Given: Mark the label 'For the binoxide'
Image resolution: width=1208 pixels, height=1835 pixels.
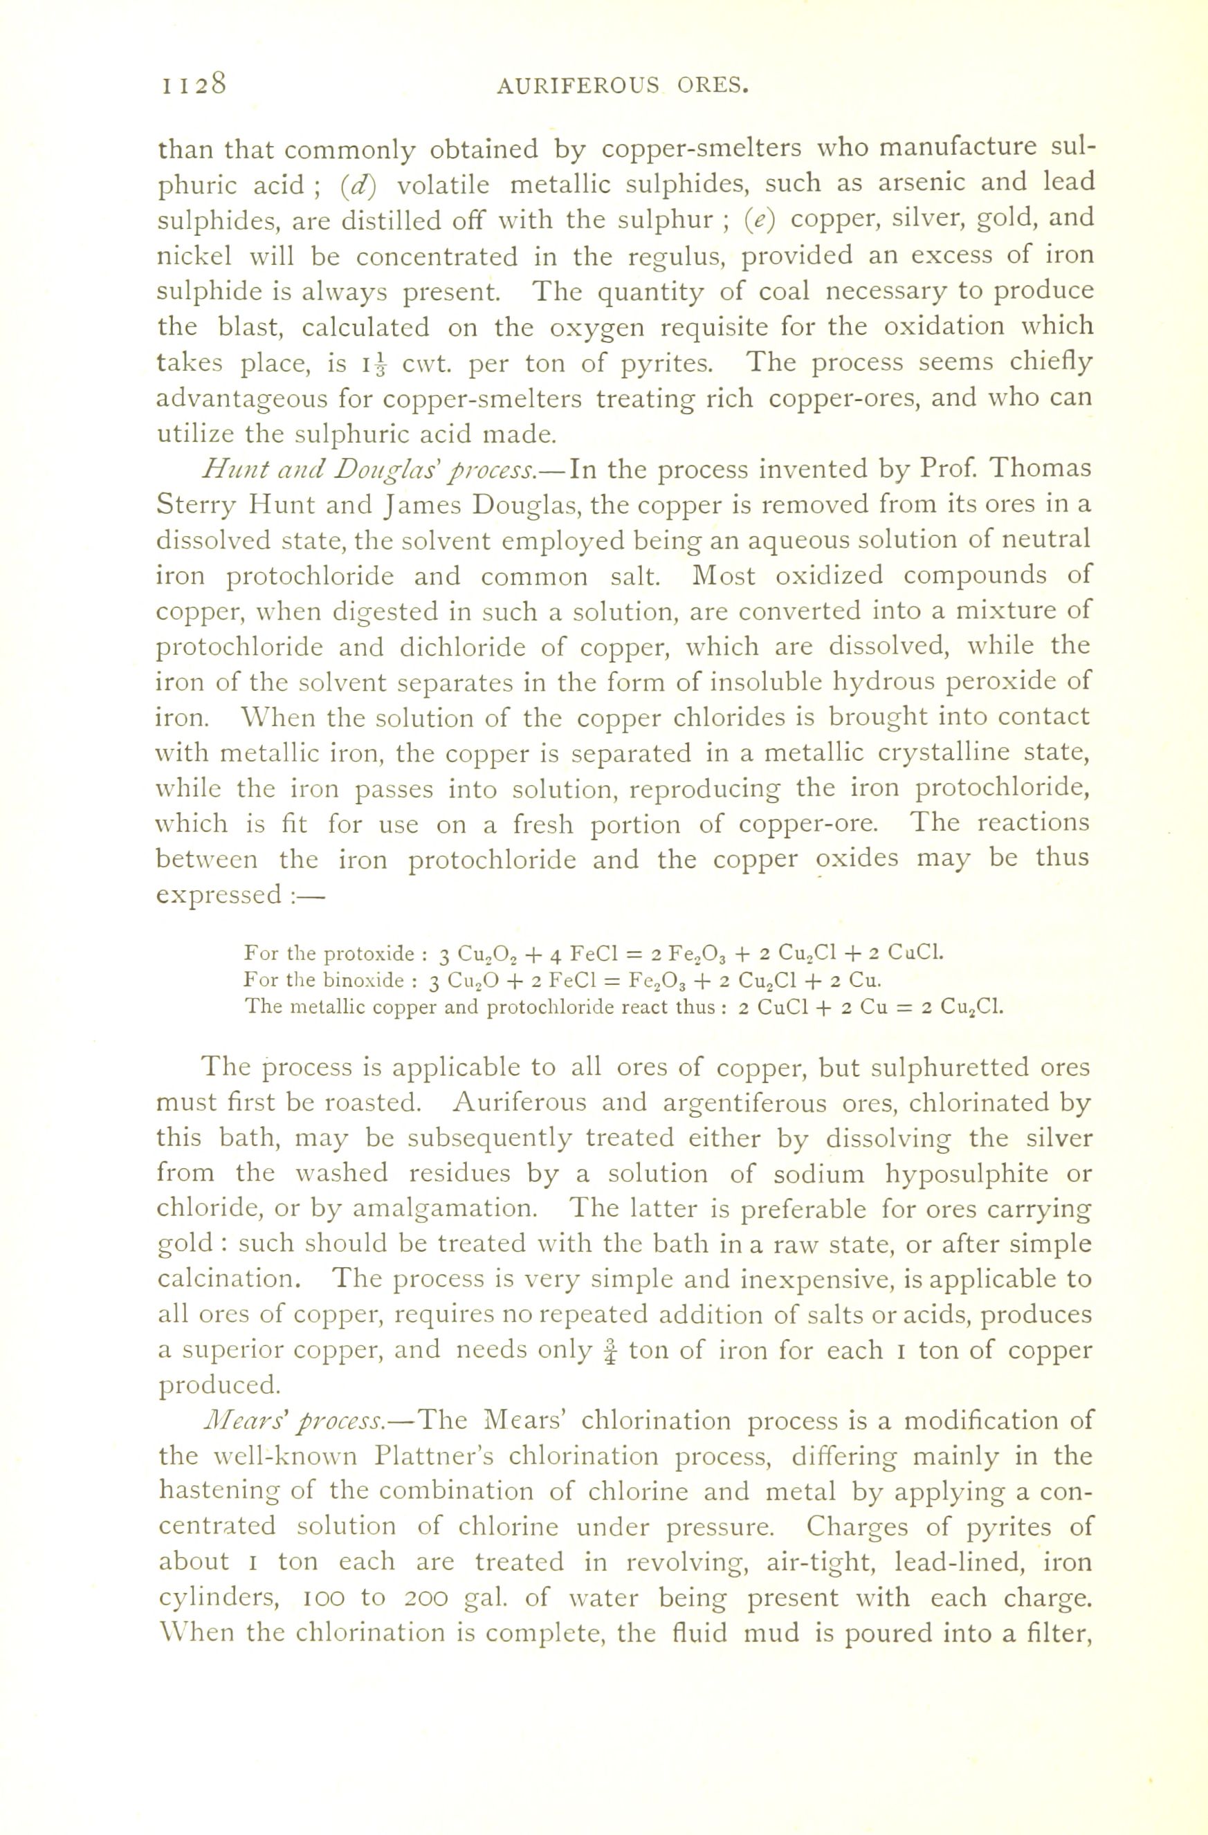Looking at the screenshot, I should point(323,981).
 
